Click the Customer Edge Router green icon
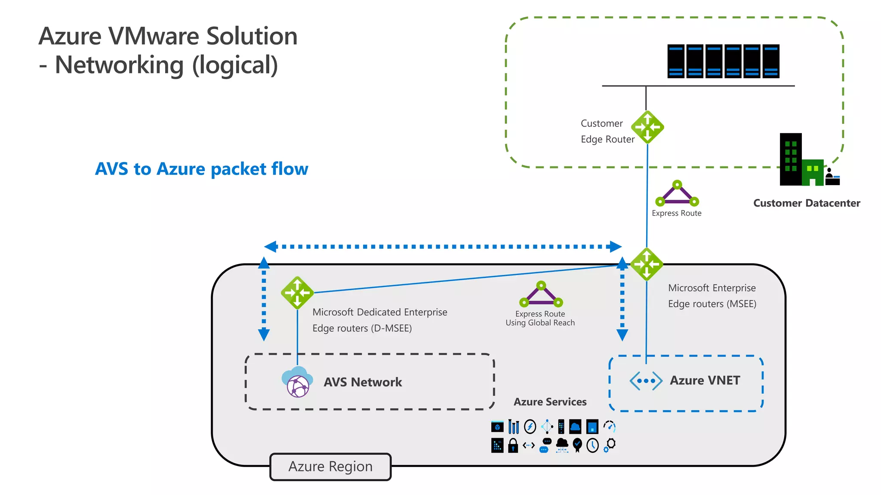click(647, 127)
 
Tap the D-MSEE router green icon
click(297, 293)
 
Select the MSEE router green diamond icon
click(647, 264)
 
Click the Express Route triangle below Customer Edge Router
click(677, 194)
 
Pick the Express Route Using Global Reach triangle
click(541, 294)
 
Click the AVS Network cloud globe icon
click(297, 382)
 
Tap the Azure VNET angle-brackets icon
click(646, 381)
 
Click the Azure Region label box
click(330, 467)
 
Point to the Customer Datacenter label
click(807, 203)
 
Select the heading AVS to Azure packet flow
click(201, 169)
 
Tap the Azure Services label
click(550, 402)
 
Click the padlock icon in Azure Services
click(513, 446)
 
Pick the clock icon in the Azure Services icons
click(592, 446)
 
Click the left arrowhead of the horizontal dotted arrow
click(270, 247)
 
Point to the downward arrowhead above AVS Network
click(264, 335)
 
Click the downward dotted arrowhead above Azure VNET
click(622, 335)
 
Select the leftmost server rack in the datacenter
click(676, 61)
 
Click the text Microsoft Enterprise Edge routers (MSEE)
click(712, 296)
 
